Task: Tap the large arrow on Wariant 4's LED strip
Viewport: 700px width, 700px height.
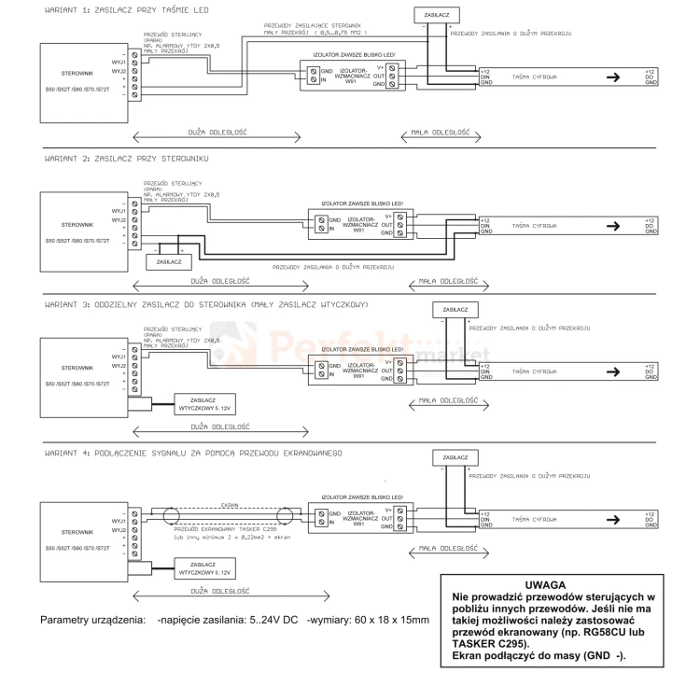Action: tap(612, 519)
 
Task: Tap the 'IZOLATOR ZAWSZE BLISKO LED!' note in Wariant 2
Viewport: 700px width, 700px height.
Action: tap(357, 205)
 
